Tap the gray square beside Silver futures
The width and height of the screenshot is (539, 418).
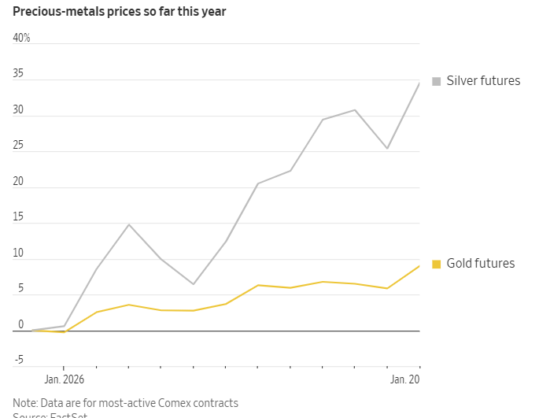click(x=436, y=80)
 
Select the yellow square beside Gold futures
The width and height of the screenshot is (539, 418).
click(x=436, y=264)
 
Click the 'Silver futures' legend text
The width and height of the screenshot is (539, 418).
click(x=483, y=80)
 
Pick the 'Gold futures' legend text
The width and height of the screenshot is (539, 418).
click(x=481, y=264)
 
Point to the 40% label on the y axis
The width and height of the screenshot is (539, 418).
click(x=21, y=38)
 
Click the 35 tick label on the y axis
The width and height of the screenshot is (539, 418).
click(x=18, y=74)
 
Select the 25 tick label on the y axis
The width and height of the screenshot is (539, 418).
click(x=18, y=146)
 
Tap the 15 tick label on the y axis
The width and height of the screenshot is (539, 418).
click(x=18, y=217)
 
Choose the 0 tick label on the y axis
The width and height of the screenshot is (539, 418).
click(x=20, y=324)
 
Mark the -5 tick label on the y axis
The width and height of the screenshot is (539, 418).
click(x=18, y=361)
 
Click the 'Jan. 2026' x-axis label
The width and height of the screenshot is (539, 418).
click(x=64, y=379)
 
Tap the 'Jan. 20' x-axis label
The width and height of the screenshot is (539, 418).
click(x=405, y=379)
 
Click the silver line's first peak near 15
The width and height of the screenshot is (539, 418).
click(x=129, y=224)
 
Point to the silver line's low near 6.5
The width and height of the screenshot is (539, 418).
click(x=194, y=284)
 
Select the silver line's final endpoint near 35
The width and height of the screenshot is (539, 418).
click(x=419, y=83)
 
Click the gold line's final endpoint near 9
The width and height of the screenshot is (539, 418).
click(x=419, y=266)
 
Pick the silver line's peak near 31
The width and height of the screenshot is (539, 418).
click(x=355, y=110)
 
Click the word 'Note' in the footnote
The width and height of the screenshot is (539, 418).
click(x=24, y=403)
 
